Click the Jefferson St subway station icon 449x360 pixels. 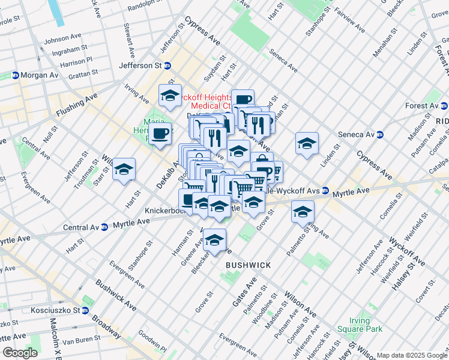pos(167,65)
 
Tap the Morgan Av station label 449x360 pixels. pos(40,76)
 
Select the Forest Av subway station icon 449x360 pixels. pos(444,106)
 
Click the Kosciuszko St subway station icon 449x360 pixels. pos(85,310)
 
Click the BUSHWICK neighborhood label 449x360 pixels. pos(248,265)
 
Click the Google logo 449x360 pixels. pos(20,353)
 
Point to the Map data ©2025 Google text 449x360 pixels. pos(412,355)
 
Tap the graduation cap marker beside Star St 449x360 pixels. pos(124,169)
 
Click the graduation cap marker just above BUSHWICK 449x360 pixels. pos(214,241)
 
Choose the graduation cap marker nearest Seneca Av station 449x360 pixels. pos(307,143)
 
